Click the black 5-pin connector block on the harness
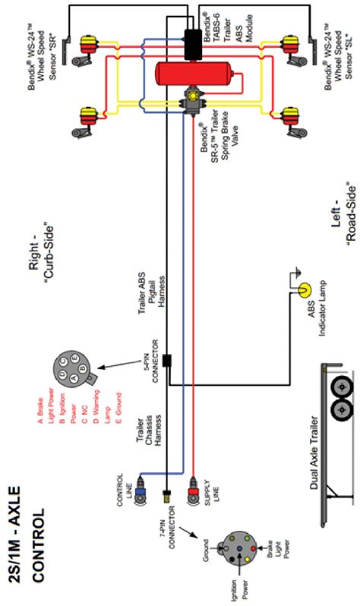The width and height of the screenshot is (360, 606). tap(167, 359)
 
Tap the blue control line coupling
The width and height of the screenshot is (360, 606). tap(143, 481)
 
